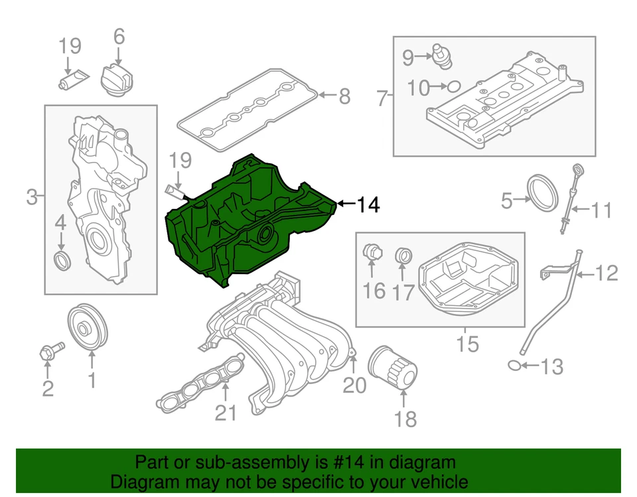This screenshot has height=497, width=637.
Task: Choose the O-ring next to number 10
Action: [453, 86]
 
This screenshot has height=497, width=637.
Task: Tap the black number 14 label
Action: [368, 205]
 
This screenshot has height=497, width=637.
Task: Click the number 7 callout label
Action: [382, 99]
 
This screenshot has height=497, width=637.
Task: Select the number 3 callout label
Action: [32, 196]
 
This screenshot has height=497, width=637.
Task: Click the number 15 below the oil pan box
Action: [467, 344]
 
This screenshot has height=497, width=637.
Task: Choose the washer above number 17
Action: [403, 255]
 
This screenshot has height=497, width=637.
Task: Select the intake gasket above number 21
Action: [199, 382]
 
